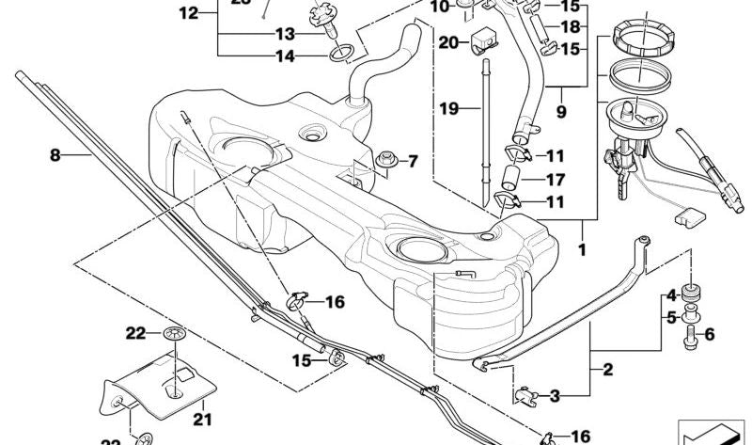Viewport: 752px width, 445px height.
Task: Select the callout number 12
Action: [189, 13]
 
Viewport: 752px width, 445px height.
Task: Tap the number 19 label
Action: [448, 109]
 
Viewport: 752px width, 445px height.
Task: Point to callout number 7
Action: [411, 163]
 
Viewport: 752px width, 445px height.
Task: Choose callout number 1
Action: [582, 251]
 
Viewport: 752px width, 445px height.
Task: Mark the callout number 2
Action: [607, 370]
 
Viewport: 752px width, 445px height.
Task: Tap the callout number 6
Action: [709, 333]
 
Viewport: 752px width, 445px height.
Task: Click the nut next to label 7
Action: [385, 163]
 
